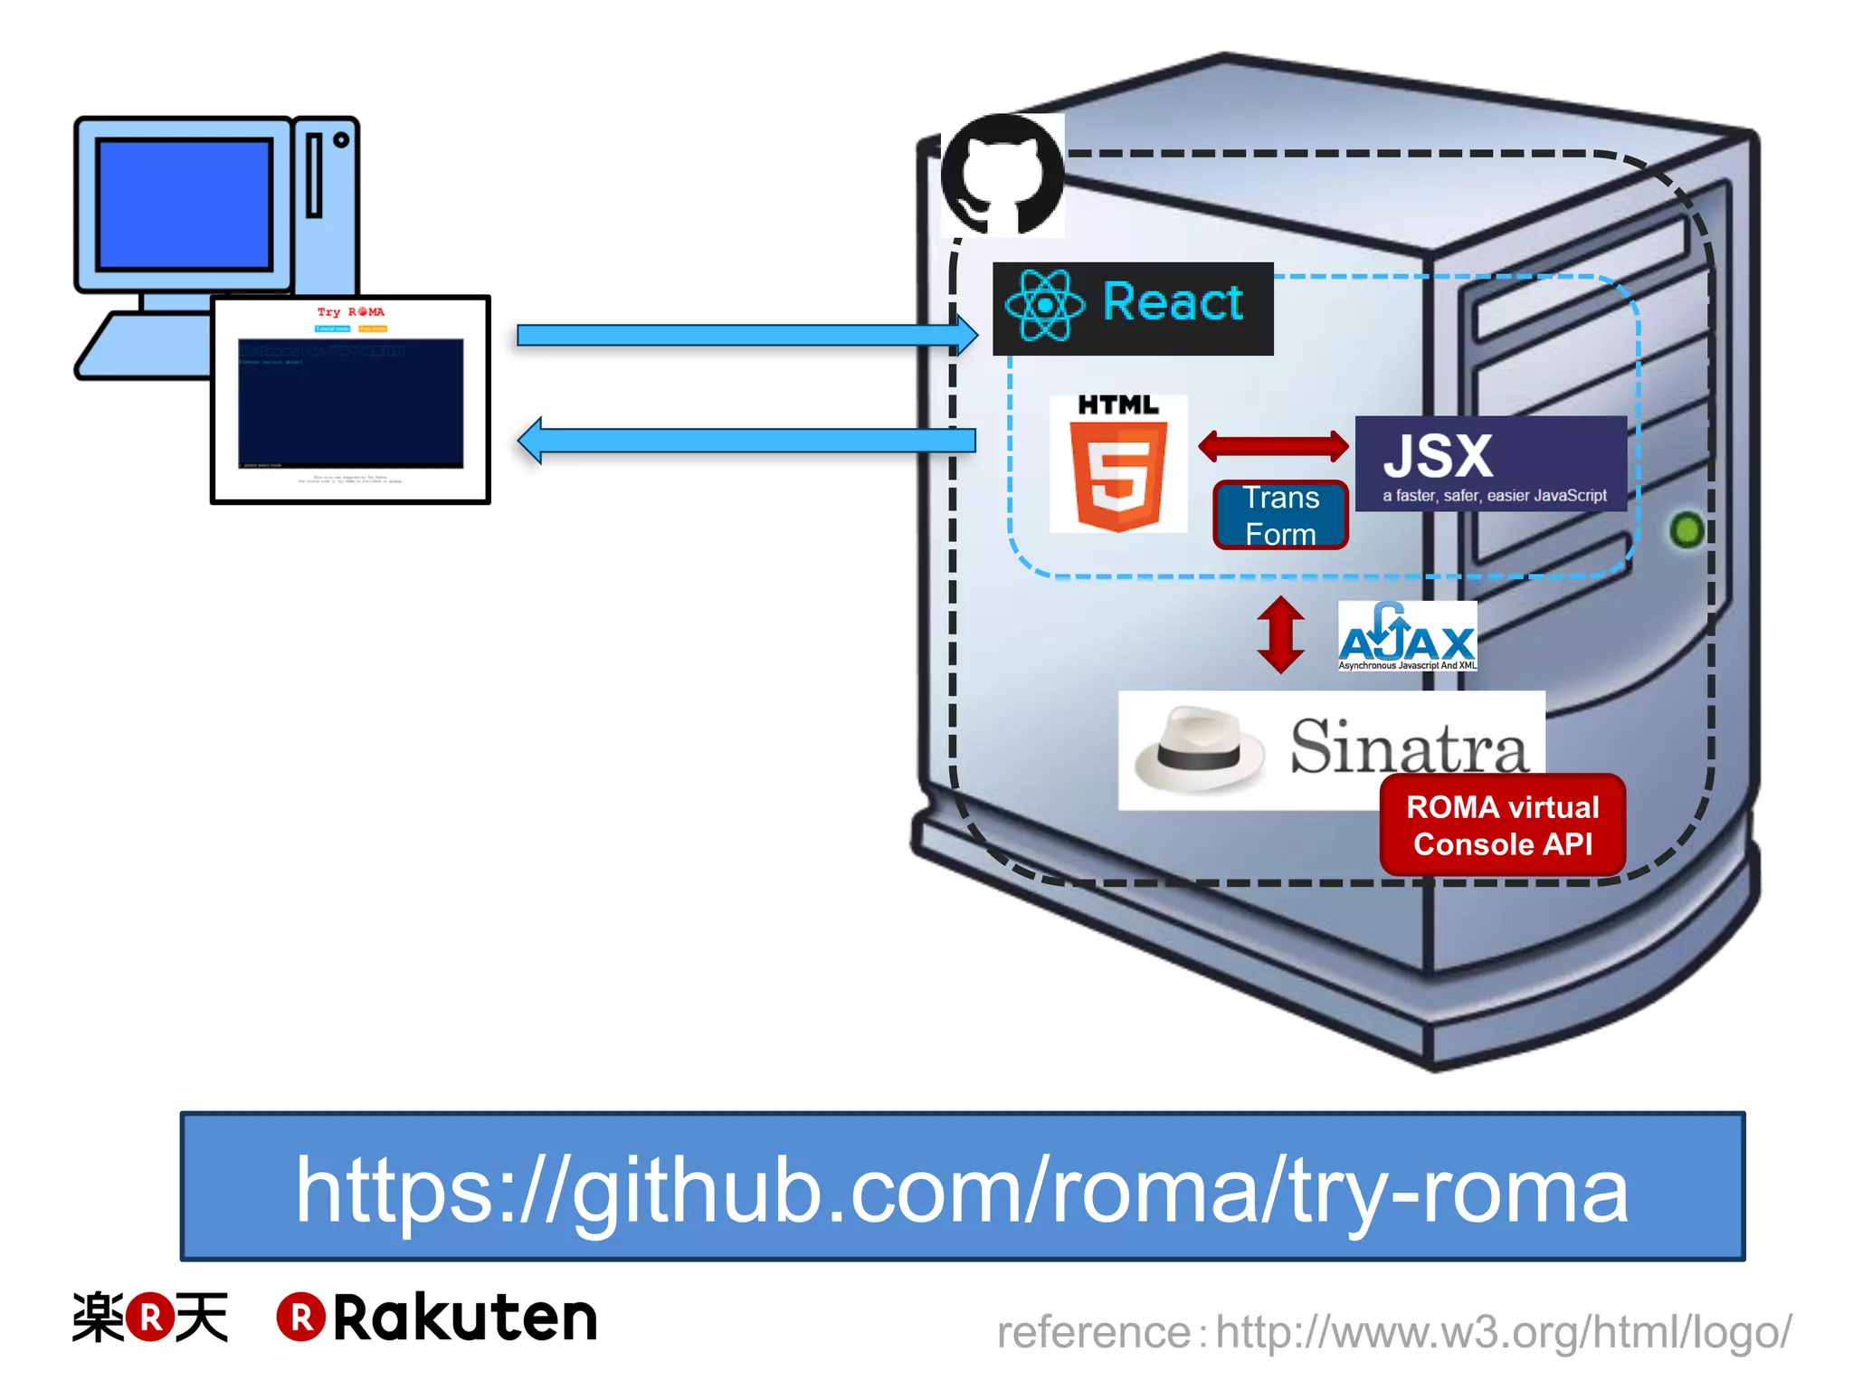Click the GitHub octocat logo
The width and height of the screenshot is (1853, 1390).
click(x=1003, y=174)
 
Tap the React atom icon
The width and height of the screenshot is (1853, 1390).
click(x=1044, y=306)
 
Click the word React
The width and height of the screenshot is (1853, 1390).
click(x=1173, y=301)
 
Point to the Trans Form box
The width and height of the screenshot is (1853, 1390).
click(x=1280, y=516)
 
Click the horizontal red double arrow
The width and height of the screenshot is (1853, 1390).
click(x=1273, y=445)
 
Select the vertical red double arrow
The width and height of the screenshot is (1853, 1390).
click(x=1280, y=634)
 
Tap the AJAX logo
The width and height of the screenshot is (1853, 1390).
click(x=1407, y=636)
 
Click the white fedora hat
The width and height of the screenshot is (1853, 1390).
click(x=1199, y=748)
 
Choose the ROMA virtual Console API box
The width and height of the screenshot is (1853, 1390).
click(x=1502, y=825)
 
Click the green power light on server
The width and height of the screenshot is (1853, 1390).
click(x=1686, y=530)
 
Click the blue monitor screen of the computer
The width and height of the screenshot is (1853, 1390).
click(x=185, y=205)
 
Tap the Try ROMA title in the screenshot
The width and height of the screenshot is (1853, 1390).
click(x=350, y=312)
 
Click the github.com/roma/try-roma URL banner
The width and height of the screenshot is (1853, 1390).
click(x=962, y=1186)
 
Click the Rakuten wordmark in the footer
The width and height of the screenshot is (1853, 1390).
click(x=464, y=1318)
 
